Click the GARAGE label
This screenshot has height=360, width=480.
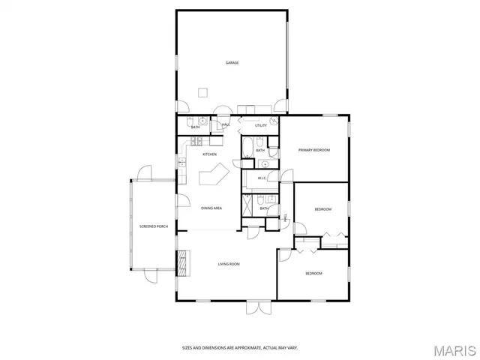[x=232, y=62]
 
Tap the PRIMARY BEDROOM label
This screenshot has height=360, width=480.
[x=314, y=150]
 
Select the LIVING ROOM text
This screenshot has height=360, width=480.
[x=229, y=264]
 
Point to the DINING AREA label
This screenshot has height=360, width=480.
[x=211, y=208]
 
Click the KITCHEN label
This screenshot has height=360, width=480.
[x=210, y=154]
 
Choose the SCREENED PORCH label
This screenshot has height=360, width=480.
[x=152, y=226]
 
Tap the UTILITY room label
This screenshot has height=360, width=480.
[x=260, y=125]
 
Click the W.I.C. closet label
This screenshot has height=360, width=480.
[x=262, y=178]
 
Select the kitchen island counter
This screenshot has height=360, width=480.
[x=213, y=178]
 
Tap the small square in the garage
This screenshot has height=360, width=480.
[x=202, y=92]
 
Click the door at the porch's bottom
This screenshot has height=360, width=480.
[x=151, y=275]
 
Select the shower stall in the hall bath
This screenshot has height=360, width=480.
[x=247, y=204]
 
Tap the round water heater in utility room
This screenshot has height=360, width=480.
[x=274, y=119]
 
